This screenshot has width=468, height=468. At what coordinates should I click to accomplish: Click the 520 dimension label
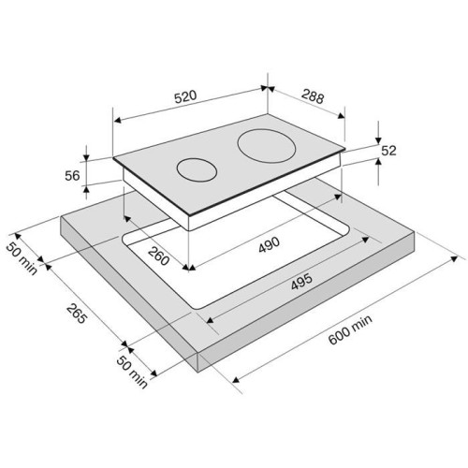pos(185,96)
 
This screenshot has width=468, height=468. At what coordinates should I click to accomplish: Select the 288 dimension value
pos(314,96)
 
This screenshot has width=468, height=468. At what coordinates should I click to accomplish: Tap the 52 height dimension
pos(388,151)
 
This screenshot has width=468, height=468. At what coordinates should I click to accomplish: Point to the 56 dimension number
pos(72,176)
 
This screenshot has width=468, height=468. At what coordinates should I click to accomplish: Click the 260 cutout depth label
pos(158,256)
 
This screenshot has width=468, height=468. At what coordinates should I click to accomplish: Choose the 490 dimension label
pos(270,244)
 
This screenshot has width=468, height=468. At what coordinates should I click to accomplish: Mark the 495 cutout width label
pos(301,282)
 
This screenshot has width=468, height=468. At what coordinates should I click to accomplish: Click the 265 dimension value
pos(76,314)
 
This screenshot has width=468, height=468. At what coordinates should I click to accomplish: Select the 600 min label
pos(350,329)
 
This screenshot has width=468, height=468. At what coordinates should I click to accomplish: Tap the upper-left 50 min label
pos(22,258)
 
